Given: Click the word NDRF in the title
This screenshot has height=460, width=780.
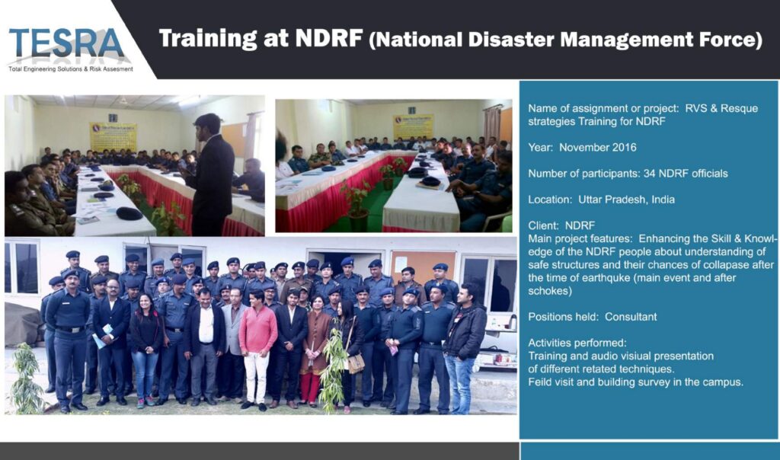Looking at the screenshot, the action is pyautogui.click(x=329, y=38).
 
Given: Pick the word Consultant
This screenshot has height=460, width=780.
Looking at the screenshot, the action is pyautogui.click(x=631, y=317).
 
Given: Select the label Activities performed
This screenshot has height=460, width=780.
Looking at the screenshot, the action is pyautogui.click(x=577, y=343).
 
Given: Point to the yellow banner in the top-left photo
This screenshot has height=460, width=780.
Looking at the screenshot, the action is pyautogui.click(x=113, y=137).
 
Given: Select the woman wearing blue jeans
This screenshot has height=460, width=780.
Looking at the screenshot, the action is pyautogui.click(x=145, y=350).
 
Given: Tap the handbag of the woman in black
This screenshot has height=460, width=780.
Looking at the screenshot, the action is pyautogui.click(x=356, y=363).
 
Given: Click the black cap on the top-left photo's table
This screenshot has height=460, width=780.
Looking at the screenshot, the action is pyautogui.click(x=129, y=213).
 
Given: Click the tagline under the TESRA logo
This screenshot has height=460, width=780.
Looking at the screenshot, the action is pyautogui.click(x=71, y=69).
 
